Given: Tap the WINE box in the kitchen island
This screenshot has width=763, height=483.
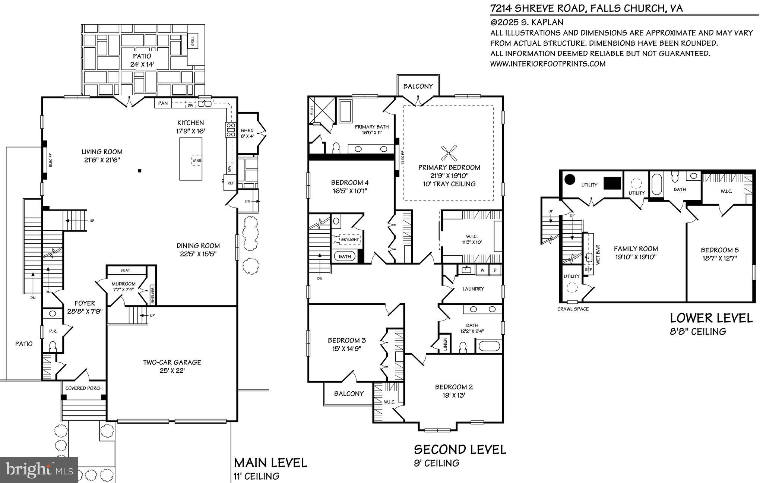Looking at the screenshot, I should point(196,161).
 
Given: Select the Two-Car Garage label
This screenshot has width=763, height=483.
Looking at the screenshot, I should point(172,362).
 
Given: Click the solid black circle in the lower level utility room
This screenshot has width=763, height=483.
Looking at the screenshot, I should point(569,180).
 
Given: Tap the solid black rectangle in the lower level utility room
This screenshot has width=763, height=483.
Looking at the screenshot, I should point(612,183).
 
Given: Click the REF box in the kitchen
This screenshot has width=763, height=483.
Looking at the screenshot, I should point(231,183).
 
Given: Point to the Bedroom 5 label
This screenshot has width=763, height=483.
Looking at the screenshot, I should point(719,250).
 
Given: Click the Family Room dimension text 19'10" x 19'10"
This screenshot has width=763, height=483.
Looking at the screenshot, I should point(636,257).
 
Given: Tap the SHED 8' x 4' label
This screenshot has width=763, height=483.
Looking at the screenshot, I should point(247,133).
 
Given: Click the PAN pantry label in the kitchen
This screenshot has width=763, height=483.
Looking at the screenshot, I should point(163,103).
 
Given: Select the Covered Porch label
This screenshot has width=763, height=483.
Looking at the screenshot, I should point(84,388).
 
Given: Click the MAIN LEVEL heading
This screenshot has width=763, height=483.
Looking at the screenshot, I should point(270,463).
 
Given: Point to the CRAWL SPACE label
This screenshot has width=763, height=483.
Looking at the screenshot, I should point(573,309).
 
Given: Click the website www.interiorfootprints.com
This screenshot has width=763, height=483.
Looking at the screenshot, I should point(548,64).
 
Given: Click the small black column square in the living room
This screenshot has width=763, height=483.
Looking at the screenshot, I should point(140,171).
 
